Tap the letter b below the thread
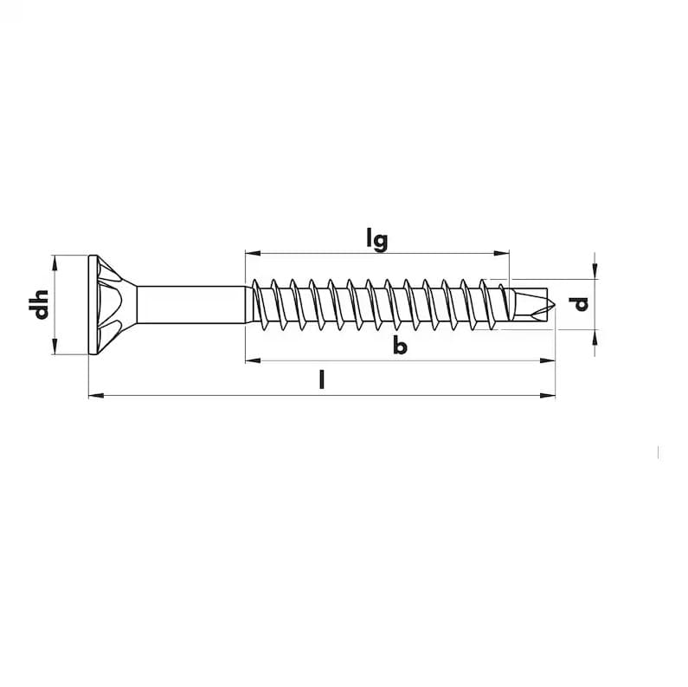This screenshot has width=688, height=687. pos(399,347)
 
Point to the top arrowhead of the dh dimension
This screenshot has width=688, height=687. pos(55,262)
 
